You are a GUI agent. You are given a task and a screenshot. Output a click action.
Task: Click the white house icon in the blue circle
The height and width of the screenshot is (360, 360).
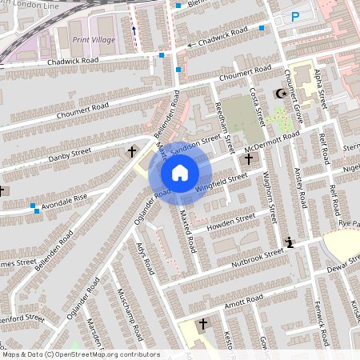(180, 173)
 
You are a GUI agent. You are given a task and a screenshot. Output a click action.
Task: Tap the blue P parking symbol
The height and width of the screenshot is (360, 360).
(295, 16)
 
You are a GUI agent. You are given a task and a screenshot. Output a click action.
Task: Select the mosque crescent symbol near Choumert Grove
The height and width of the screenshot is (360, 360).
(280, 94)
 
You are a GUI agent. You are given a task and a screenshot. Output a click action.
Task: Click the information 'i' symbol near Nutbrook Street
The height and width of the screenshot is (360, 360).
(289, 242)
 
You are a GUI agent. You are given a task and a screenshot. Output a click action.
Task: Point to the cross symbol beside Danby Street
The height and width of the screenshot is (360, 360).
(132, 151)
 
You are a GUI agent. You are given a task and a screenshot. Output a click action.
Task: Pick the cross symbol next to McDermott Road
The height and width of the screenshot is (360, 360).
(249, 159)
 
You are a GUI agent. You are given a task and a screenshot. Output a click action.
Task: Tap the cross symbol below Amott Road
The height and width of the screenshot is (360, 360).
(202, 324)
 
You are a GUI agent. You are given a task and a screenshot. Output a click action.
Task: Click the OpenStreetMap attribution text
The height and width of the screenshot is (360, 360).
(80, 354)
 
